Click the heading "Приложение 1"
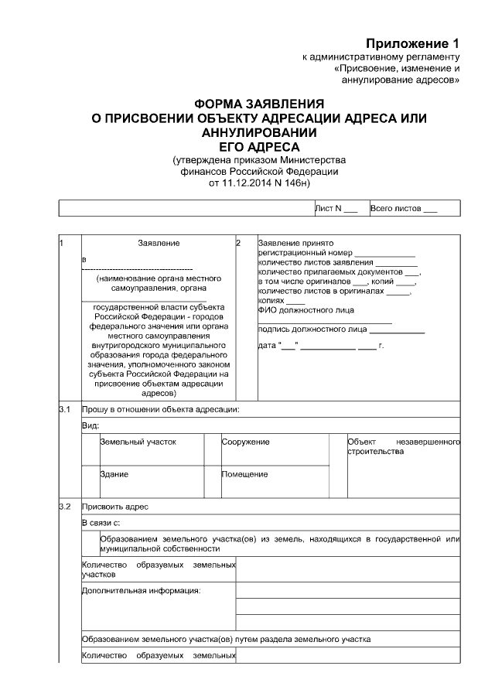[413, 43]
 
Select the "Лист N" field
[336, 208]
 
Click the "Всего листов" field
[404, 208]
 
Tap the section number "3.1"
[65, 408]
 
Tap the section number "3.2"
[65, 507]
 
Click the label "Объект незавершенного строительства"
[403, 446]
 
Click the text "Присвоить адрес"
[115, 507]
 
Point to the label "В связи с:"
[100, 523]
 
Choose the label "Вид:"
[90, 425]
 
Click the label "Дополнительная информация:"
[141, 591]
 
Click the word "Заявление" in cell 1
[159, 243]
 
